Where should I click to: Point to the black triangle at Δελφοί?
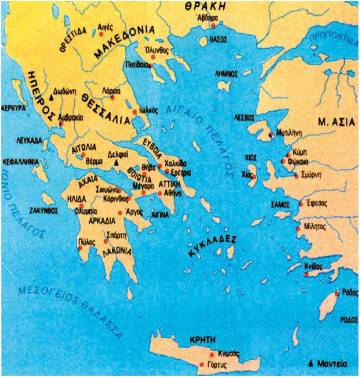point(116,163)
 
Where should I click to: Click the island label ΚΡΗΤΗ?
point(202,339)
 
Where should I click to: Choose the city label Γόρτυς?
point(218,364)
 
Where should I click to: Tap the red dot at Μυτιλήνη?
point(270,134)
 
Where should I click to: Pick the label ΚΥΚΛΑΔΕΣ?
point(212,246)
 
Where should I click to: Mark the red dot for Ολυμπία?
point(81,205)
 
